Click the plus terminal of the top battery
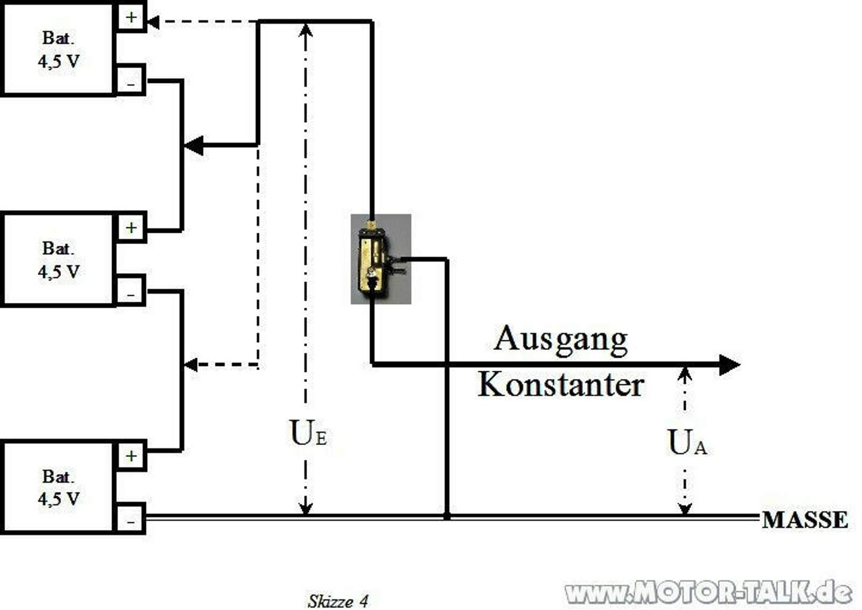tap(131, 17)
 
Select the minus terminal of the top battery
tap(131, 82)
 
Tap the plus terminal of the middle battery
tap(131, 227)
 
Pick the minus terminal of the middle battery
tap(131, 293)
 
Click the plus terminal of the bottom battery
tap(131, 456)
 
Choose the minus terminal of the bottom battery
tap(131, 521)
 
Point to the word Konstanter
tap(561, 385)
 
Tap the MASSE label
tap(804, 520)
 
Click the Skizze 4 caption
tap(338, 601)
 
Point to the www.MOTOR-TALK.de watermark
tap(708, 592)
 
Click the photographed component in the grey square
tap(380, 259)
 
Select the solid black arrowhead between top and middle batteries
tap(194, 145)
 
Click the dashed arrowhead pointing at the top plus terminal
tap(154, 22)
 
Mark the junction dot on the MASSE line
tap(447, 516)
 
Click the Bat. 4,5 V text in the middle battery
tap(59, 260)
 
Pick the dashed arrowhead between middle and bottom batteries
tap(191, 365)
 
